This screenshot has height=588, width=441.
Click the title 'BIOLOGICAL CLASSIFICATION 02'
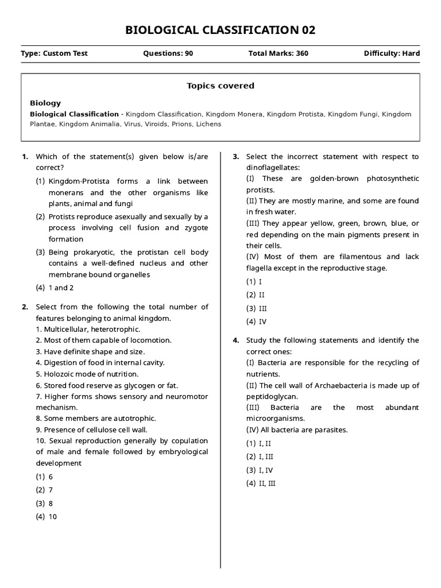pos(220,30)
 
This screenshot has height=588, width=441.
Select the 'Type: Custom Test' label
pos(54,53)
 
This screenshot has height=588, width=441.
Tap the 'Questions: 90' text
pos(168,53)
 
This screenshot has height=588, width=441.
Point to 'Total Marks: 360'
pos(278,53)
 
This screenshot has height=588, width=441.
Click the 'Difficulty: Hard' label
pos(392,53)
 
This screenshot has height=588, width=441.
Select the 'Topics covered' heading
pos(220,86)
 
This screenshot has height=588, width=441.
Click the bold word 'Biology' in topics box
pos(45,103)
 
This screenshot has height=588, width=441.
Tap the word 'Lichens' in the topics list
pos(207,123)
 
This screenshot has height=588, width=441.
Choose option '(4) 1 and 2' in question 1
pos(55,288)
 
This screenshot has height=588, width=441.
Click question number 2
pos(25,307)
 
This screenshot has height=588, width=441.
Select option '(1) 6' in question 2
pos(44,477)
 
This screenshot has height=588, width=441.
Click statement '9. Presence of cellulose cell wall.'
pos(91,430)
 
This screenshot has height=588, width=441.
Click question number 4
pos(235,340)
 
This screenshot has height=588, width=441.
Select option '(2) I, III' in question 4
pos(260,457)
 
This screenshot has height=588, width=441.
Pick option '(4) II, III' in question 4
pos(261,483)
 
